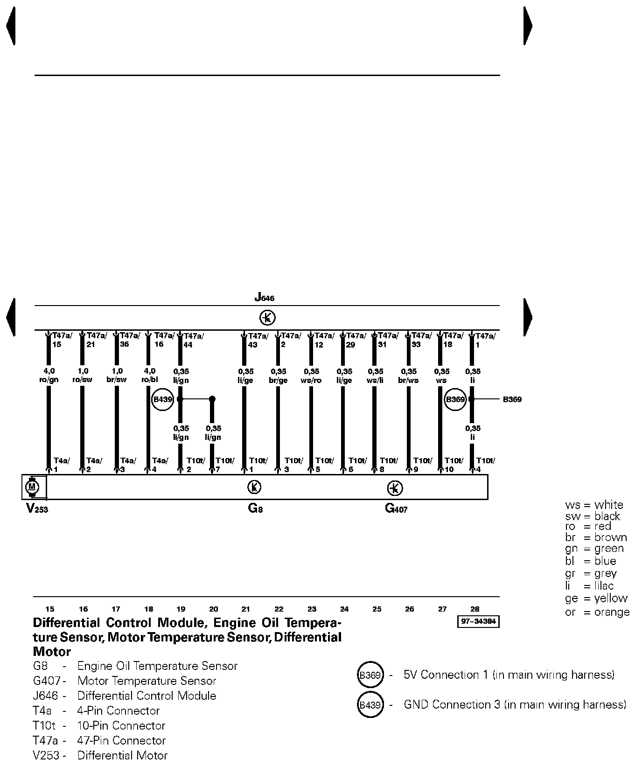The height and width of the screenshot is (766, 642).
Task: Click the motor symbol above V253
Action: click(x=32, y=487)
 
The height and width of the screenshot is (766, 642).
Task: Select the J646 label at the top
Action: click(x=265, y=297)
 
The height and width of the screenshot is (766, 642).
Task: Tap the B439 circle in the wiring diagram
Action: click(x=162, y=399)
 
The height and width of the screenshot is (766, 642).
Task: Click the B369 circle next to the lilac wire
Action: click(x=455, y=399)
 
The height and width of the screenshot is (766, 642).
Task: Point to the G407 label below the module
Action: click(x=396, y=508)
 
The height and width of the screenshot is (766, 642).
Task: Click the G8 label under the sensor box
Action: click(x=255, y=508)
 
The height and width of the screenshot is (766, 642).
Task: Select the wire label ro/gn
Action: click(x=49, y=380)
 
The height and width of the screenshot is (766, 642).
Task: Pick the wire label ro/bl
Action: click(x=150, y=380)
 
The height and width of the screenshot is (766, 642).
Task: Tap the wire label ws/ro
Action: click(x=311, y=380)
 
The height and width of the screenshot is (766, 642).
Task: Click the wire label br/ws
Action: click(x=409, y=380)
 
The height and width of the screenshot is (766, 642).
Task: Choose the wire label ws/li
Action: click(x=375, y=380)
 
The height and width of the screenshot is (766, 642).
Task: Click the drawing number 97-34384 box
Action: click(x=479, y=622)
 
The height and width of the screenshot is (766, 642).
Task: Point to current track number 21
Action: click(x=246, y=609)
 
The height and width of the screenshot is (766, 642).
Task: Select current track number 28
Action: click(x=475, y=609)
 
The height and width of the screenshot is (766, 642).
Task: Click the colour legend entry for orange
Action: click(x=597, y=612)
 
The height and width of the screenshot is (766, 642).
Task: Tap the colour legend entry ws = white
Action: click(x=594, y=505)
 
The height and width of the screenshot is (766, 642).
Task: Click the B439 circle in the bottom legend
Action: click(x=370, y=705)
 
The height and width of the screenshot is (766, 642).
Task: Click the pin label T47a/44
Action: click(x=193, y=340)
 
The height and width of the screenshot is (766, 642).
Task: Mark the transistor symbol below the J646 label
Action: click(x=267, y=318)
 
